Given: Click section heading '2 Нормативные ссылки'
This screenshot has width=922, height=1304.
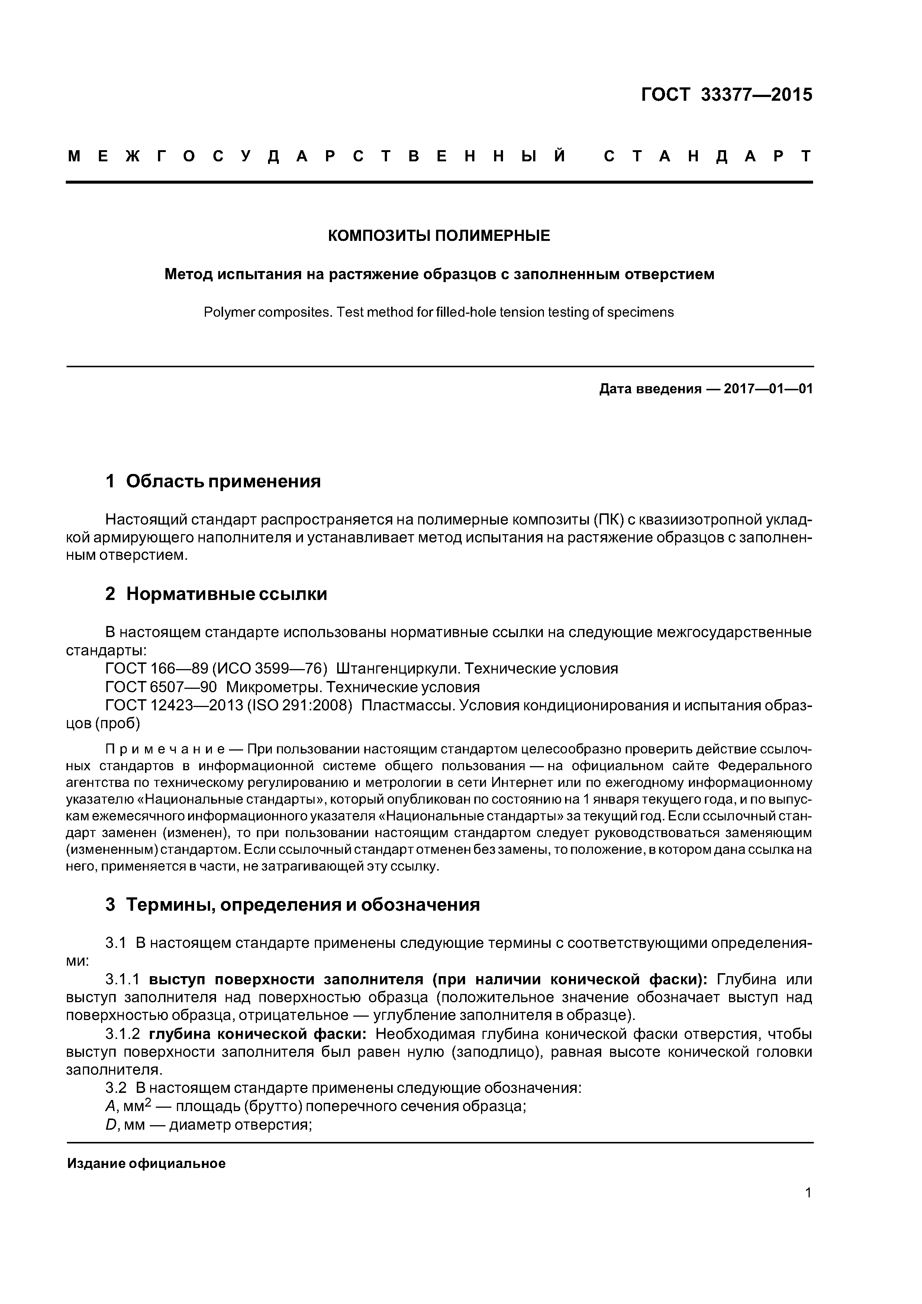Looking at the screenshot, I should pos(216,594).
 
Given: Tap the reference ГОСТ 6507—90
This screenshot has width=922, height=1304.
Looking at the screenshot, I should pos(161,687).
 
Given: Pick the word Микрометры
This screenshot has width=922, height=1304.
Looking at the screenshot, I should pos(274,687).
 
